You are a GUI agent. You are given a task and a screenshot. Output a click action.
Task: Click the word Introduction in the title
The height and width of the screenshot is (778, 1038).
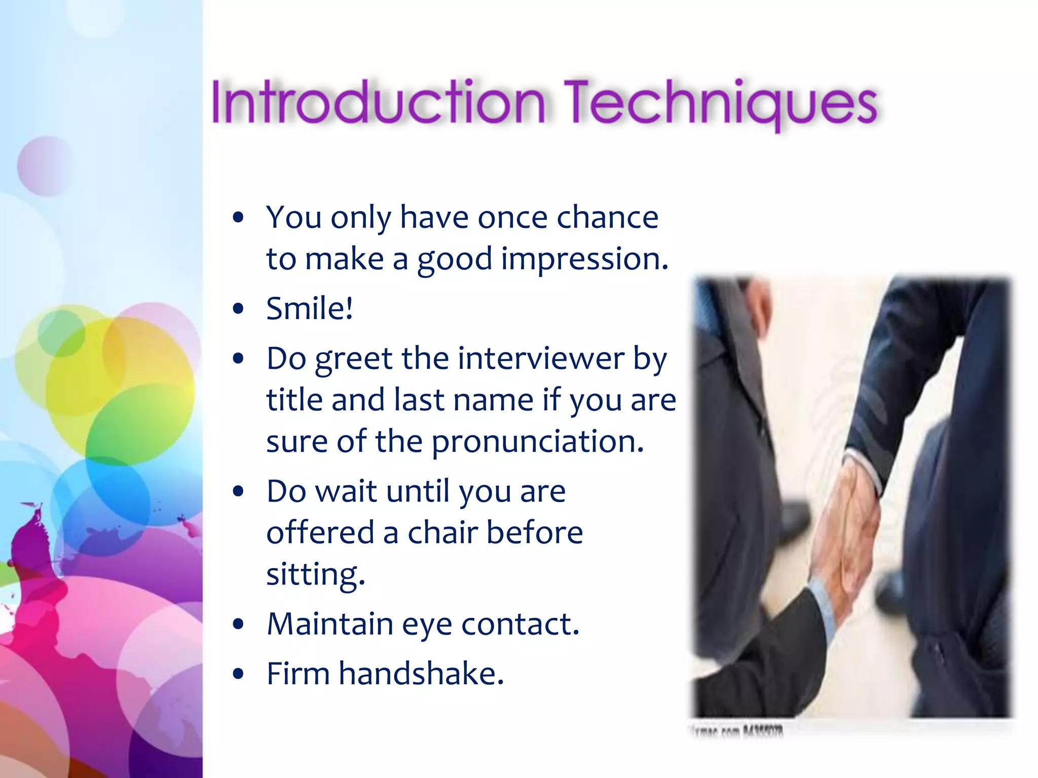[x=378, y=103]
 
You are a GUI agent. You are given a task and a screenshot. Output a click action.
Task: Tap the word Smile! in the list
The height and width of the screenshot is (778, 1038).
[x=309, y=308]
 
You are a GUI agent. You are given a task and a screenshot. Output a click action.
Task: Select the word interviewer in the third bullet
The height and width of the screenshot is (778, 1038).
[x=541, y=359]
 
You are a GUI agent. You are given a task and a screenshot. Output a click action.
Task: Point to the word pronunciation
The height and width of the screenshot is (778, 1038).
[x=537, y=442]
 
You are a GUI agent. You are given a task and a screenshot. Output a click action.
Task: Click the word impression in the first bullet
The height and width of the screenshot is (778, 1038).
[x=584, y=259]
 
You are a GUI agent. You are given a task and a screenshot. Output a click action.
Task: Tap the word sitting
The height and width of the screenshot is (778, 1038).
[x=315, y=575]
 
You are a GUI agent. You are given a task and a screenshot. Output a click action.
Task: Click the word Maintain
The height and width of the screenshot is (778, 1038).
[x=329, y=624]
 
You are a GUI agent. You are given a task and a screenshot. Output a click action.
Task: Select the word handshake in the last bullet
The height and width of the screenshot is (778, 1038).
[x=421, y=674]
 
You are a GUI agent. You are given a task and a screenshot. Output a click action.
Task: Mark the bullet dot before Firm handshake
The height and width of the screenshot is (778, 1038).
[x=238, y=674]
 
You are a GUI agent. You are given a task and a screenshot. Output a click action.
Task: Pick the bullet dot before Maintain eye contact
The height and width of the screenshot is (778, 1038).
[x=238, y=624]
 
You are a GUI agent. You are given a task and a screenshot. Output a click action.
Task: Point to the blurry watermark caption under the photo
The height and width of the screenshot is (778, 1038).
[x=737, y=731]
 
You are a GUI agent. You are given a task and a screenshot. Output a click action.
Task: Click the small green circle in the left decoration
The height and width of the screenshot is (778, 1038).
[x=61, y=333]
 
